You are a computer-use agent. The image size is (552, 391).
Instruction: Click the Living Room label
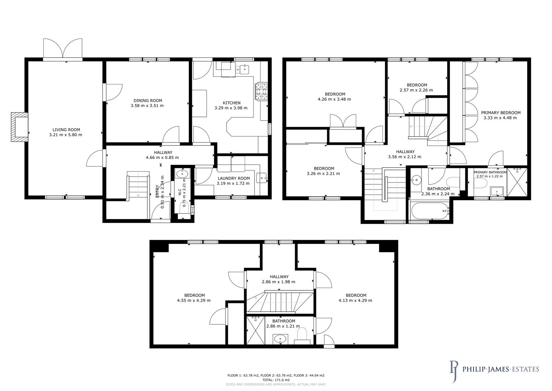[66, 130]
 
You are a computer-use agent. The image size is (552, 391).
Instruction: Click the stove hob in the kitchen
[262, 91]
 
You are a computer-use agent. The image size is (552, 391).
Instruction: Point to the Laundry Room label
[233, 178]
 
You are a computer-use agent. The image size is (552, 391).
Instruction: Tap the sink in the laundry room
[262, 178]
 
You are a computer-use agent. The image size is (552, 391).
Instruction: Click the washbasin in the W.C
[180, 174]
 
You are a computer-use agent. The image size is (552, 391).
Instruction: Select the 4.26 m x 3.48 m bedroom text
[334, 99]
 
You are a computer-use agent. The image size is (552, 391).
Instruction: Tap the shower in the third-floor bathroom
[255, 330]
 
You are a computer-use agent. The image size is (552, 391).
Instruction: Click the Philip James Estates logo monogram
[454, 371]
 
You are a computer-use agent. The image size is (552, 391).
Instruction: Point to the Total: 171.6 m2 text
[276, 380]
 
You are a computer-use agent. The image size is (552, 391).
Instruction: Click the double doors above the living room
[63, 48]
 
